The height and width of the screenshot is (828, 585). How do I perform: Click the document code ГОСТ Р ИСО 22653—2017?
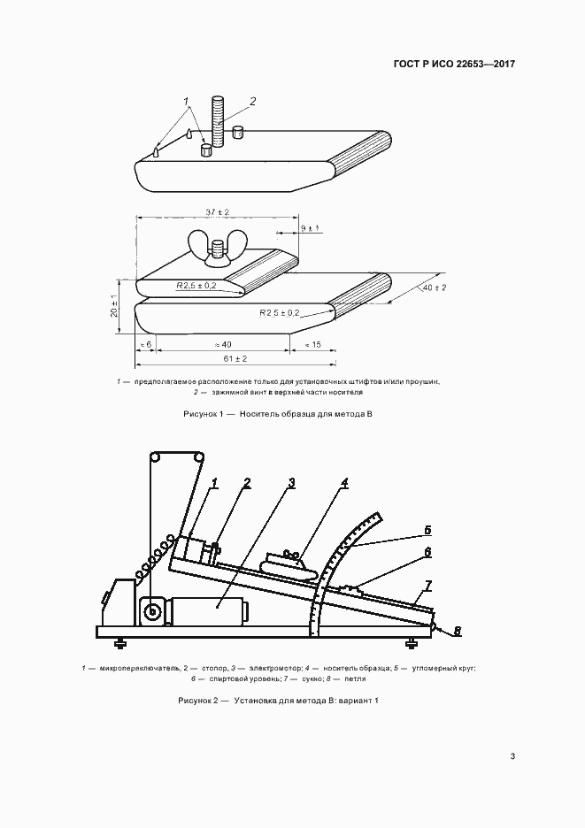click(x=452, y=65)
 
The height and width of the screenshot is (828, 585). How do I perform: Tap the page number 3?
click(x=512, y=756)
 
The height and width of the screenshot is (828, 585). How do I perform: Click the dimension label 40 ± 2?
click(x=434, y=288)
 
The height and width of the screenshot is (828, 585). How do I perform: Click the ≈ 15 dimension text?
click(x=312, y=343)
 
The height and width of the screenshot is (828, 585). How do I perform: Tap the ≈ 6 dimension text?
click(x=146, y=343)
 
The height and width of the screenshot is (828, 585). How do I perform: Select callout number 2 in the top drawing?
click(x=252, y=102)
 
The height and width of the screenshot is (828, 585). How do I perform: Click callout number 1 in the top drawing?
click(x=187, y=102)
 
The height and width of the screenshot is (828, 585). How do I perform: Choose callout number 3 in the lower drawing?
click(x=291, y=483)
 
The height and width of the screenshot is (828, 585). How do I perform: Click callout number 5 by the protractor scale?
click(x=427, y=531)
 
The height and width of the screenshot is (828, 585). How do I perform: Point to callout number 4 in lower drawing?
click(x=344, y=483)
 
